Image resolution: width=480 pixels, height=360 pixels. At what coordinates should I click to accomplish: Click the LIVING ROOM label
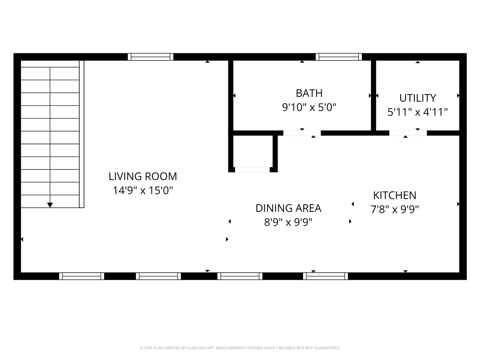pos(142,176)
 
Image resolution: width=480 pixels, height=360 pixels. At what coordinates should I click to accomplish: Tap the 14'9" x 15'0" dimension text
pos(142,190)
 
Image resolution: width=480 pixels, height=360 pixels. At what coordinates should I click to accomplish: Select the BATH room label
pos(309,93)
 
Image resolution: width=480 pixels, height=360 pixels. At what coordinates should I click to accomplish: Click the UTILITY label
pos(417,98)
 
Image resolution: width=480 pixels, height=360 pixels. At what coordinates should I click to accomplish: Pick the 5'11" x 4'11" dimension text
pos(417,112)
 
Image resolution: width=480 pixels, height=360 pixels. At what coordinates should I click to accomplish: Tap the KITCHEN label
pos(394,195)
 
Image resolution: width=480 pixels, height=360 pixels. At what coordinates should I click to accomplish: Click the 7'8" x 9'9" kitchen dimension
pos(394,209)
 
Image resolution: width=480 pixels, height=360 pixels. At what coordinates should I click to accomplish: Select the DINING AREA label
pos(288,208)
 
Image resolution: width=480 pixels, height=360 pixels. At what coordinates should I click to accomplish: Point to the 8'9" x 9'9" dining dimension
pos(288,222)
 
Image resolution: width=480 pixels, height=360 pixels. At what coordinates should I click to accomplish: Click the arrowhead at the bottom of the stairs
pos(50,205)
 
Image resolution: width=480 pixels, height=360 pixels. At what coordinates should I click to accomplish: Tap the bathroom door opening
pos(302,133)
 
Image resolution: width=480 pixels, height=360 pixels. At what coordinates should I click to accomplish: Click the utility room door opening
pos(408,133)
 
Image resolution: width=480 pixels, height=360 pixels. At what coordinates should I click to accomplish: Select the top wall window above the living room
pos(150,57)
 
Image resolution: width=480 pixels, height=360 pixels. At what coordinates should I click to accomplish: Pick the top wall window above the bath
pos(339,57)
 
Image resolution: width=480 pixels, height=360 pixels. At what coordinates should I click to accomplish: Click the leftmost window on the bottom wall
pos(82,276)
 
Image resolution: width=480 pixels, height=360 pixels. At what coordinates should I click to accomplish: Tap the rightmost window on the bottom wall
pos(325,276)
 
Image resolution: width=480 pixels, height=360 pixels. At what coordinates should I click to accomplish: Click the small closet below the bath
pos(253,151)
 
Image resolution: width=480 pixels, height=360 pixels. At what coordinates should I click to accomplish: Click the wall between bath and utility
pos(373,96)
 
